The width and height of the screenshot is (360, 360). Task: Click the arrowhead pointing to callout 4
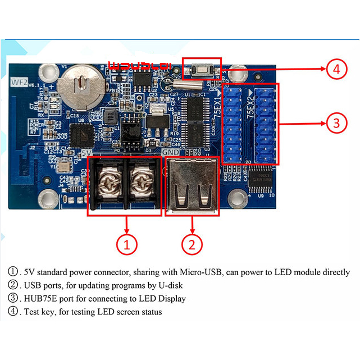pos(321,70)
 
